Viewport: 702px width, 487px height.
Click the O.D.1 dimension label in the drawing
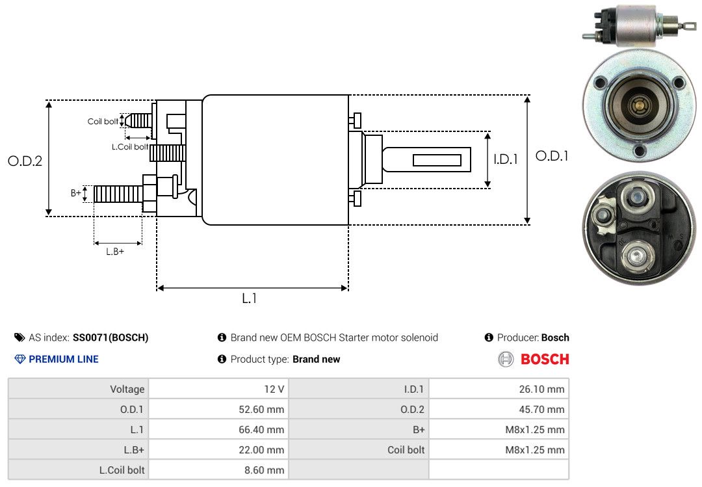pyautogui.click(x=552, y=156)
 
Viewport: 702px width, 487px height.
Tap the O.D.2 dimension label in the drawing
pyautogui.click(x=25, y=161)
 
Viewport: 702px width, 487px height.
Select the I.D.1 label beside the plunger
pyautogui.click(x=506, y=159)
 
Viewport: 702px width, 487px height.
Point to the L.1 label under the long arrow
pyautogui.click(x=250, y=298)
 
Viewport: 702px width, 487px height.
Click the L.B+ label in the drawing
pyautogui.click(x=115, y=252)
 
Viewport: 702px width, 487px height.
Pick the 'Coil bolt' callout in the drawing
pyautogui.click(x=103, y=122)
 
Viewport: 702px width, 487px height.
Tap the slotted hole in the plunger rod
pyautogui.click(x=437, y=160)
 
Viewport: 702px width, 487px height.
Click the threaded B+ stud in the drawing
pyautogui.click(x=118, y=193)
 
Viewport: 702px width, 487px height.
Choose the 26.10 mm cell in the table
pyautogui.click(x=499, y=389)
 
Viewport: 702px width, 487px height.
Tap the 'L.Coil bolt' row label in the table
pyautogui.click(x=79, y=469)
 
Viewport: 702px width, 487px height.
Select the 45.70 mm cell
pyautogui.click(x=499, y=410)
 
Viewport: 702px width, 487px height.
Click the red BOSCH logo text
pyautogui.click(x=545, y=359)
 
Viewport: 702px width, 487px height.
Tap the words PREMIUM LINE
pyautogui.click(x=64, y=359)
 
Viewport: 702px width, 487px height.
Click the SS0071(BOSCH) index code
pyautogui.click(x=110, y=337)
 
